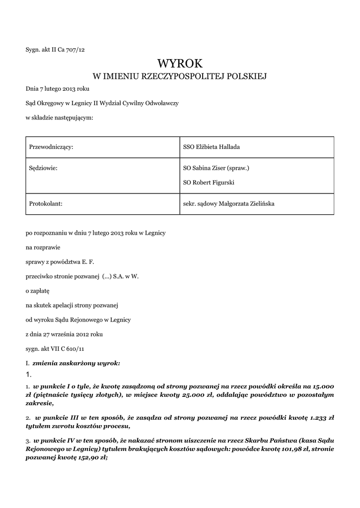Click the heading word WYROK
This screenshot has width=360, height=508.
pos(180,63)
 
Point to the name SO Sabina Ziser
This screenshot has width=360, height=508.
pos(207,168)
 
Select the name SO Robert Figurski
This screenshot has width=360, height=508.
pos(209,183)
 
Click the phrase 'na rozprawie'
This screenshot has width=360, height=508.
pos(41,247)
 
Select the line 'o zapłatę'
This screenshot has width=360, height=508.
pos(38,291)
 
